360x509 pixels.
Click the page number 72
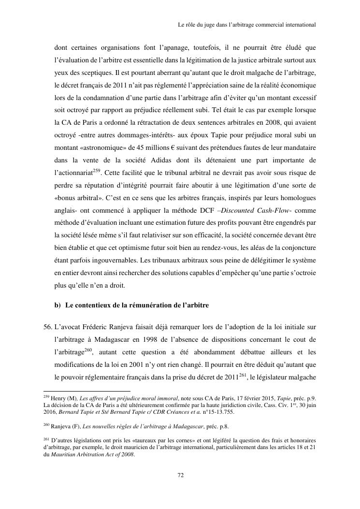[180, 475]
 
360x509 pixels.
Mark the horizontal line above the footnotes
[87, 391]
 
